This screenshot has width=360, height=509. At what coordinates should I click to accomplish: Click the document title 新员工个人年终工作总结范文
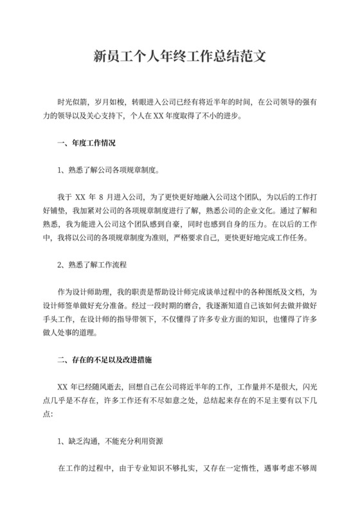[179, 57]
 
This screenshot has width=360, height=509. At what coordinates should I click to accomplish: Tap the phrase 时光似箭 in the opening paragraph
[73, 102]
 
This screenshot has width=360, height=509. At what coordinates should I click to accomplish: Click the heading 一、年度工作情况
[86, 143]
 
